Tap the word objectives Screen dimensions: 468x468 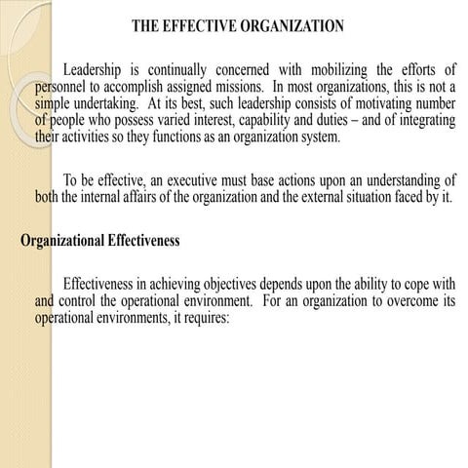tap(242, 283)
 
